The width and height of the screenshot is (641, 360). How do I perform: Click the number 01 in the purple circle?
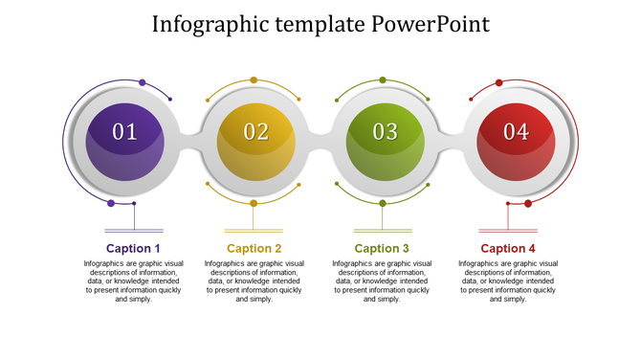click(x=125, y=132)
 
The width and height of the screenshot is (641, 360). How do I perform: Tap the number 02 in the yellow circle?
click(x=256, y=132)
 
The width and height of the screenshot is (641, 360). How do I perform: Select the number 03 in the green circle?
click(x=386, y=132)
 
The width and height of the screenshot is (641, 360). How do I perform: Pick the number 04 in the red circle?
click(x=516, y=132)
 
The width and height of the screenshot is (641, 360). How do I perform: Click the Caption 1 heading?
click(x=133, y=249)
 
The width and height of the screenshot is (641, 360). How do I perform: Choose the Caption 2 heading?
click(x=254, y=249)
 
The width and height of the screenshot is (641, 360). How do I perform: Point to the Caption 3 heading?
click(x=382, y=249)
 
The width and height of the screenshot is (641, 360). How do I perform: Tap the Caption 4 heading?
click(x=508, y=249)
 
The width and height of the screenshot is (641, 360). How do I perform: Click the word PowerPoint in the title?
click(x=432, y=24)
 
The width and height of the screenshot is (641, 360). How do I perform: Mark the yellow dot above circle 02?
click(x=254, y=80)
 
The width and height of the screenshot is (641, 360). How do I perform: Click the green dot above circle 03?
click(x=383, y=80)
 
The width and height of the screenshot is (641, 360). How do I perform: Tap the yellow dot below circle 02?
click(x=254, y=203)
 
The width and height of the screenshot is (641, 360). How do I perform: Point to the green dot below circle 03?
click(x=383, y=203)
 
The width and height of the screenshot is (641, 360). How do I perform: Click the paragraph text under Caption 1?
click(x=133, y=281)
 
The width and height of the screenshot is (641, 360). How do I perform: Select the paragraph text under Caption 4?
click(x=508, y=281)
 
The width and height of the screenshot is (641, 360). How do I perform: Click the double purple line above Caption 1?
click(x=133, y=231)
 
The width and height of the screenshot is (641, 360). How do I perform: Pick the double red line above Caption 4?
click(x=508, y=231)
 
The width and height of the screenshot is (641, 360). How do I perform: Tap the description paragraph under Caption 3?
click(x=382, y=281)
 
